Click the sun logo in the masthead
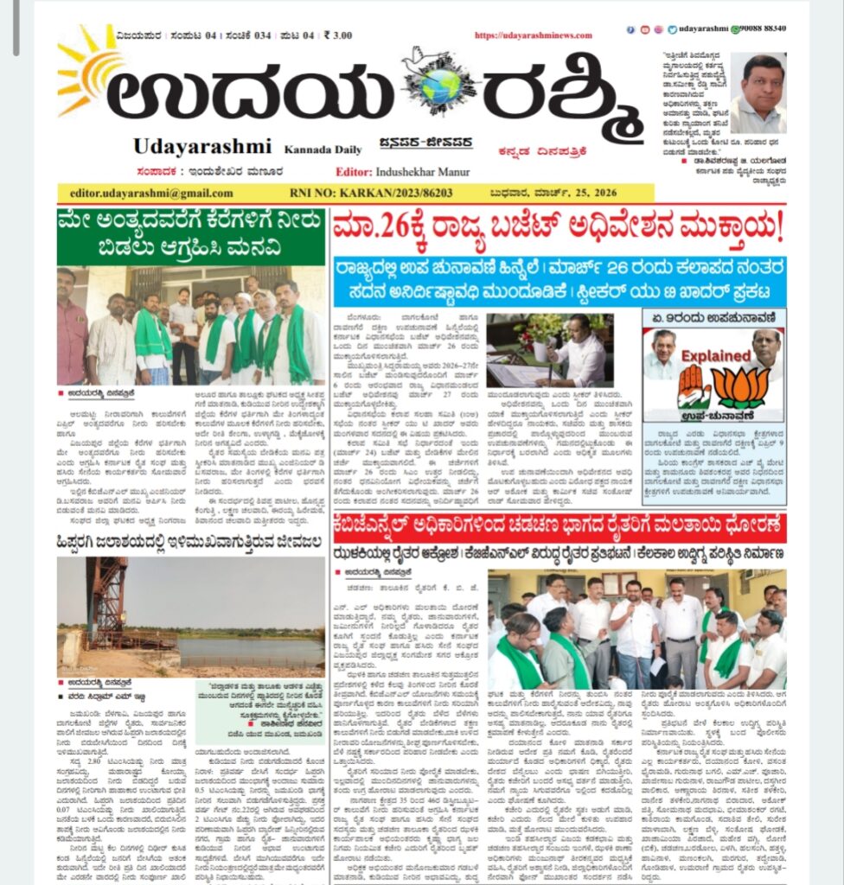point(89,68)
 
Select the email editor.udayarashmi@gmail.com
point(145,193)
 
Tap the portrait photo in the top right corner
point(758,92)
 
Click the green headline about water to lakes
point(191,236)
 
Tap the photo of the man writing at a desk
point(550,350)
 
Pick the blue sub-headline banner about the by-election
point(559,278)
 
